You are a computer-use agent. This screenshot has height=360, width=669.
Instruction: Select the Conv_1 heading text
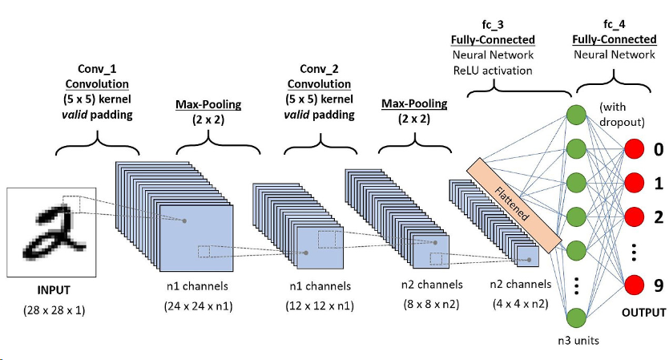coord(99,70)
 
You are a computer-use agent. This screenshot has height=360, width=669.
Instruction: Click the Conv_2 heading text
coord(319,70)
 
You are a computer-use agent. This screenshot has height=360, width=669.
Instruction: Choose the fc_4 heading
coord(614,26)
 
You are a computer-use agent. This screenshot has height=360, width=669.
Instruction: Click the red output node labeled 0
coord(635,149)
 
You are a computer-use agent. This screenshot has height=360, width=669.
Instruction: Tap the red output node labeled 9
coord(635,285)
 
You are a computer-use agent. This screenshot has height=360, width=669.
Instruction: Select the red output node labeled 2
coord(635,216)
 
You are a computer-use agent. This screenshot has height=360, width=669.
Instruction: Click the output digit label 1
coord(659,184)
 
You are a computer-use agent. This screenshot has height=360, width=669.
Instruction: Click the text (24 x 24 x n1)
coord(196,305)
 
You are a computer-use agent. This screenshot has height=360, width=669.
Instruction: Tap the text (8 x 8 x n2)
coord(432,305)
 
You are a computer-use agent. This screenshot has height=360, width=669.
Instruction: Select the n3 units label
coord(578,340)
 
